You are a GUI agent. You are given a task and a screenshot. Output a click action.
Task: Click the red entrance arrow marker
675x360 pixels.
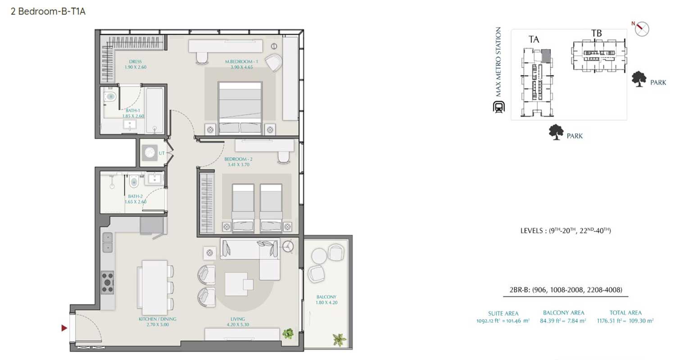point(64,328)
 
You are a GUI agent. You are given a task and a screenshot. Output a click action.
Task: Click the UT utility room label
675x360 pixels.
point(161,153)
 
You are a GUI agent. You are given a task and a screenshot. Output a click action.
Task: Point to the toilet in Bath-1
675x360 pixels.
point(111,96)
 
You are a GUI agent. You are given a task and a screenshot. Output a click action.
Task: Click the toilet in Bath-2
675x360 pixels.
point(134,183)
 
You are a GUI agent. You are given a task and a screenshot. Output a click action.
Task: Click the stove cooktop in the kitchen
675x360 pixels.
point(107,283)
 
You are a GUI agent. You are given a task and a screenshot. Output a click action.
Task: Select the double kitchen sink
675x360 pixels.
point(107,242)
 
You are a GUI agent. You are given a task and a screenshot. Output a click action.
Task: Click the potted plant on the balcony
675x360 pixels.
point(339,339)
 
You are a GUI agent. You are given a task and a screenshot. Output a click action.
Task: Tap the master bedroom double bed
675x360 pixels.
point(240,108)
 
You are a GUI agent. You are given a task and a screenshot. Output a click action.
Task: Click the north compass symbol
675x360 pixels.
point(642,29)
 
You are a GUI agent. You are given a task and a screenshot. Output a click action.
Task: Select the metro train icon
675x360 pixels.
point(498,107)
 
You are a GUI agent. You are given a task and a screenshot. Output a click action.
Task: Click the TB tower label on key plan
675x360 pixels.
point(597,33)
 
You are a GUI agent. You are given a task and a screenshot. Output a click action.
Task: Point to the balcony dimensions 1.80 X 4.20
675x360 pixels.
point(326,303)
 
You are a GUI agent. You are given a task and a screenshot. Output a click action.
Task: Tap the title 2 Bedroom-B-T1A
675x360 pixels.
point(48,12)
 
